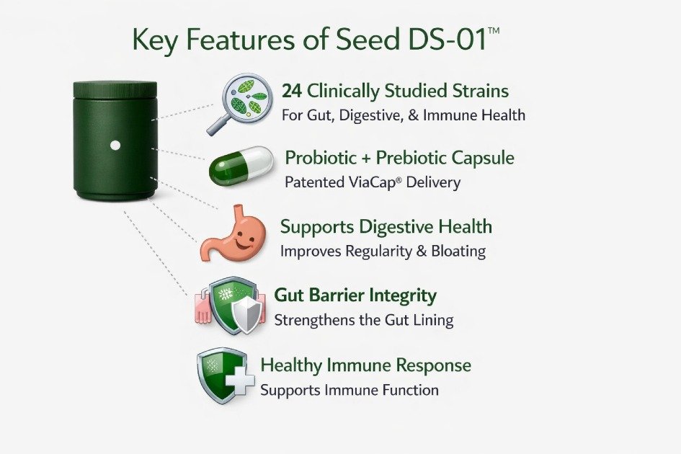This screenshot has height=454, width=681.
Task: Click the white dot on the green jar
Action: pos(115,146)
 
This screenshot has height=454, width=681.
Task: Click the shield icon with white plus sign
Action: pos(225,375)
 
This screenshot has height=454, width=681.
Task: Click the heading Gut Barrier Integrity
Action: pos(355,295)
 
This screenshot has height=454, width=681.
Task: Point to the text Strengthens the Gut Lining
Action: pos(363,320)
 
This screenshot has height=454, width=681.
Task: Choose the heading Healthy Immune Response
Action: pos(365,365)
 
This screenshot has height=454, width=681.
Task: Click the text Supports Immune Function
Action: pos(349,390)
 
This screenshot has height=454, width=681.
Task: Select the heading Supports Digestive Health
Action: pos(386,226)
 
